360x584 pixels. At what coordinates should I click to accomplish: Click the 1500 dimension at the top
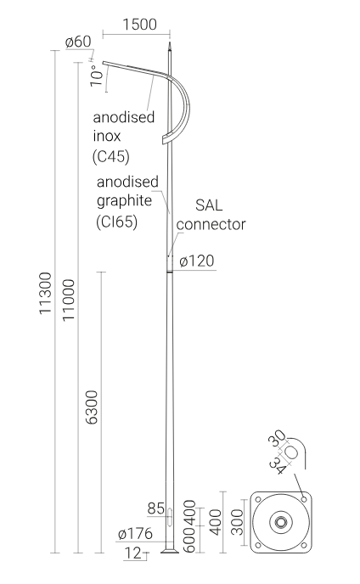pyautogui.click(x=139, y=25)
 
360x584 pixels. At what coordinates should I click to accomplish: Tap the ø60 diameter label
pyautogui.click(x=78, y=42)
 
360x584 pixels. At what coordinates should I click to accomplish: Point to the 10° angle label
pyautogui.click(x=97, y=76)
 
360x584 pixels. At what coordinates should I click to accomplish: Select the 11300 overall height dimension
pyautogui.click(x=46, y=293)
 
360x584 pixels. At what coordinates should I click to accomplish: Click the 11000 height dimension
pyautogui.click(x=68, y=300)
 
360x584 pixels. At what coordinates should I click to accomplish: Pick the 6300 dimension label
pyautogui.click(x=92, y=407)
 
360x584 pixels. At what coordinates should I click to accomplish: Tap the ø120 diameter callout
pyautogui.click(x=197, y=261)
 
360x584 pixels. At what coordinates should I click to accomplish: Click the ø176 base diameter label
pyautogui.click(x=135, y=534)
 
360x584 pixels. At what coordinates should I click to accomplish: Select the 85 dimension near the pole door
pyautogui.click(x=155, y=508)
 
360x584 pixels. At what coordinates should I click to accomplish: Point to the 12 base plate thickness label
pyautogui.click(x=132, y=553)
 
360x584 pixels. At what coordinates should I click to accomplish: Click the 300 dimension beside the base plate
pyautogui.click(x=237, y=522)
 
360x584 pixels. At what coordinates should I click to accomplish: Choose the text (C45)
pyautogui.click(x=111, y=157)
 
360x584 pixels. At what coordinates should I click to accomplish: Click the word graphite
pyautogui.click(x=125, y=201)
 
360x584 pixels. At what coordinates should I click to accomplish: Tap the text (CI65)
pyautogui.click(x=117, y=222)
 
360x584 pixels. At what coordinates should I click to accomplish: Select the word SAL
pyautogui.click(x=209, y=205)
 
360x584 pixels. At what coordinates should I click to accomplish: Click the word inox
pyautogui.click(x=107, y=137)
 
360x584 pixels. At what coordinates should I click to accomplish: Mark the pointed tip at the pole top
pyautogui.click(x=170, y=42)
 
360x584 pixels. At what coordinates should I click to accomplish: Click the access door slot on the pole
pyautogui.click(x=170, y=516)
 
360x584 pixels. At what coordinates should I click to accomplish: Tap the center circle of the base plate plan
pyautogui.click(x=281, y=522)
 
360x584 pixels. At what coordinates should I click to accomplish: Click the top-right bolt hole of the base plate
pyautogui.click(x=304, y=499)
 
